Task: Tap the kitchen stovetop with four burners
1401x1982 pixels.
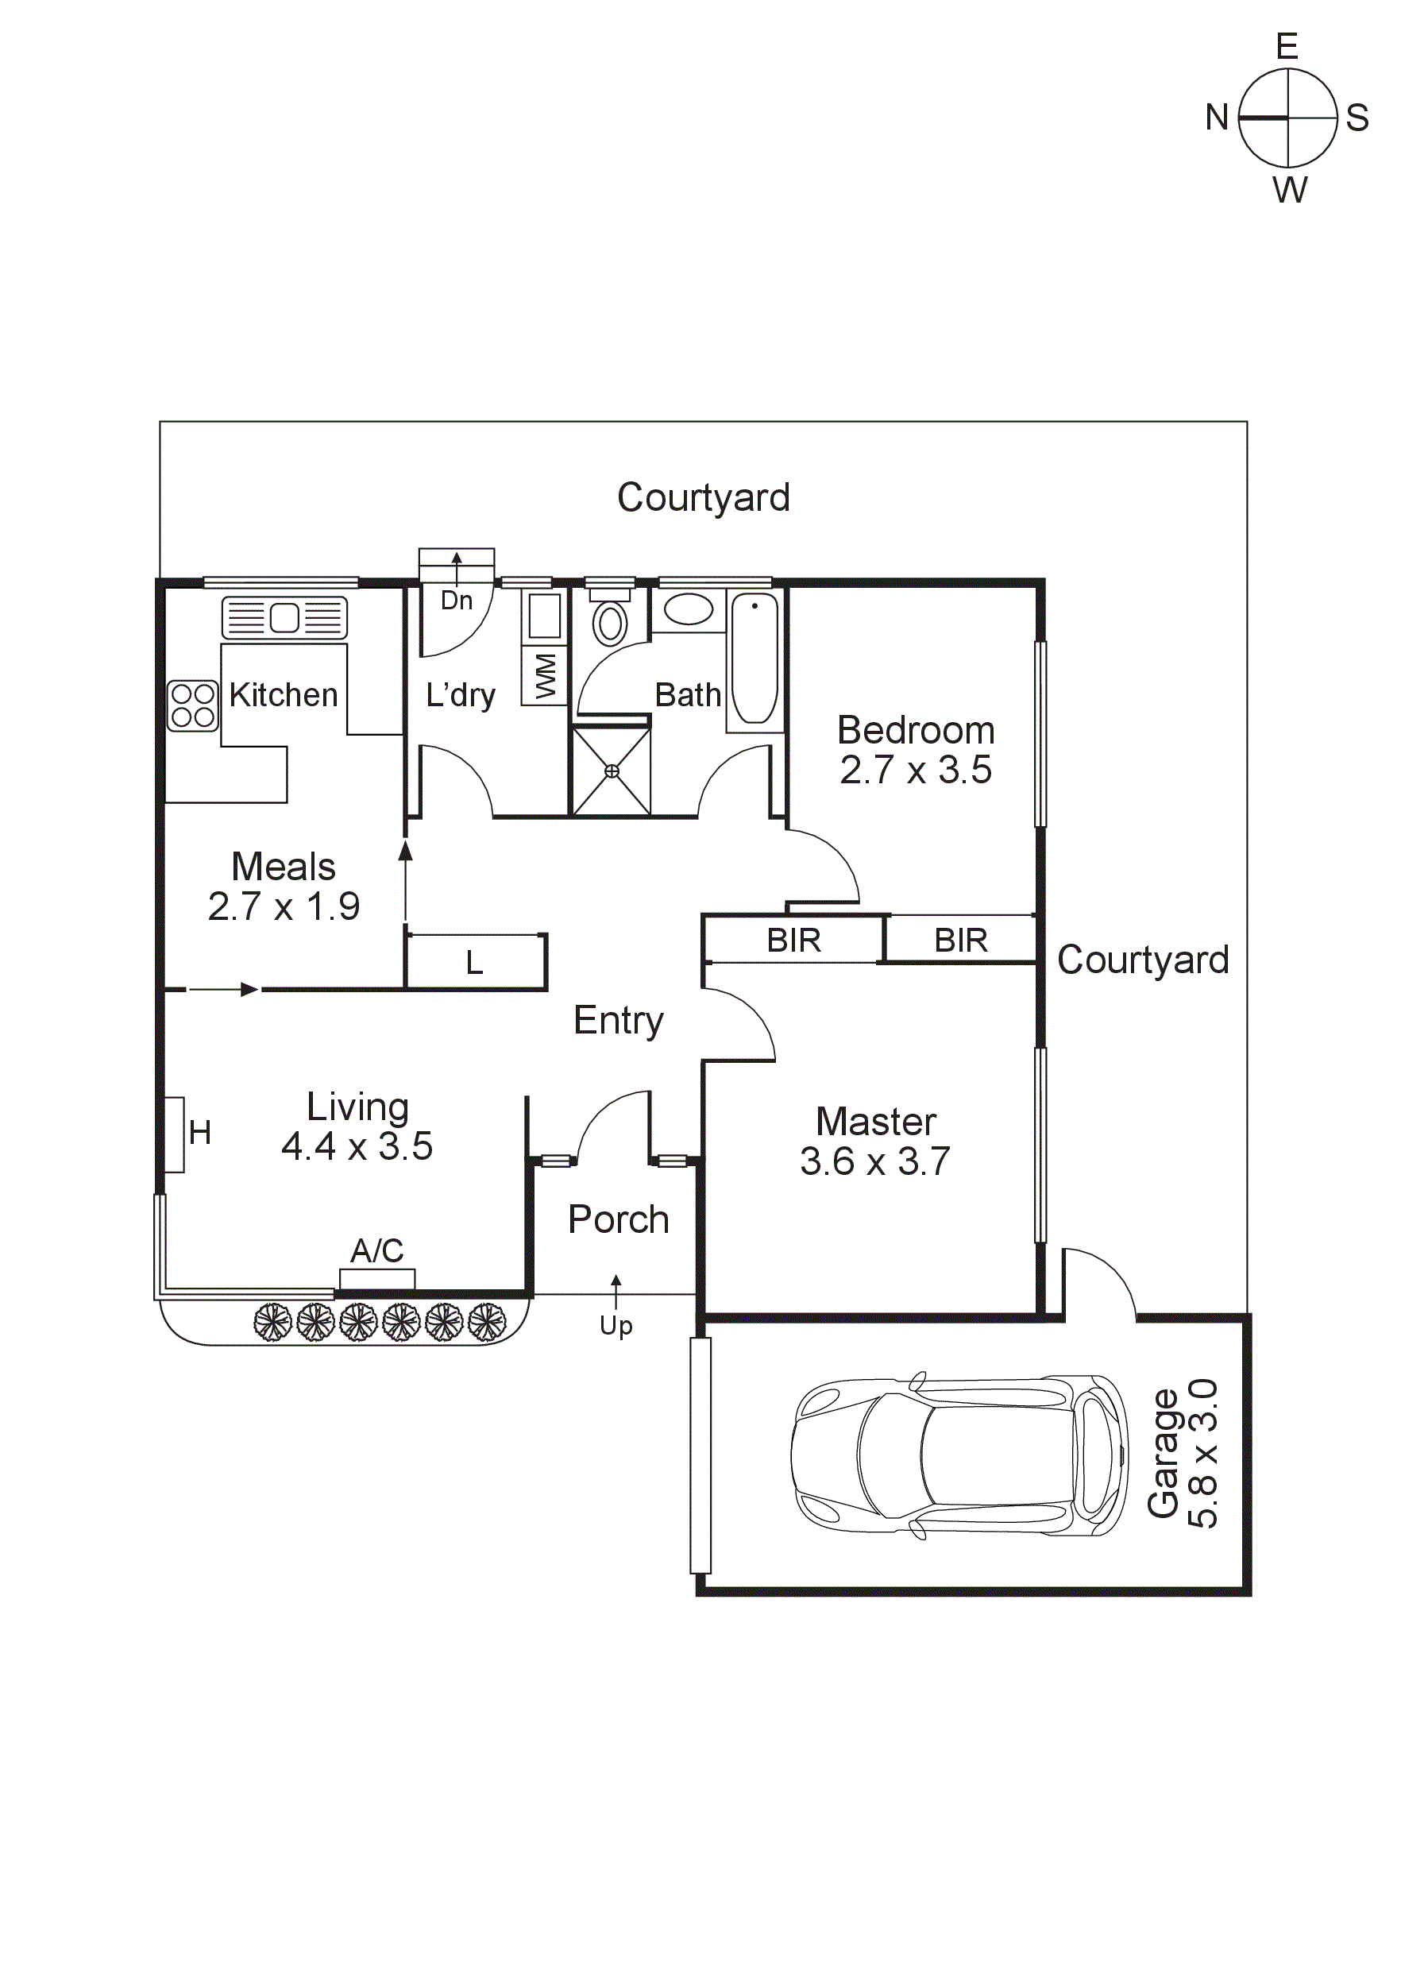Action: coord(192,705)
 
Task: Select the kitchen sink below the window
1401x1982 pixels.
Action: coord(285,618)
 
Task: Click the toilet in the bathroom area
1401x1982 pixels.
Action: coord(610,621)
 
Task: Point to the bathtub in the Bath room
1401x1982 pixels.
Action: coord(755,659)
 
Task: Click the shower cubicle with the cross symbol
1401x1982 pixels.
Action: coord(612,771)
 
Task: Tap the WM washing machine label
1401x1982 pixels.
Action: coord(546,675)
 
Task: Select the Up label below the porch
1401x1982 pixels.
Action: coord(616,1326)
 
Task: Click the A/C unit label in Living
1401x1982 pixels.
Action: coord(377,1250)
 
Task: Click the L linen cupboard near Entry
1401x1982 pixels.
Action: coord(474,963)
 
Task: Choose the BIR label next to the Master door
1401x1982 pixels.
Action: coord(793,940)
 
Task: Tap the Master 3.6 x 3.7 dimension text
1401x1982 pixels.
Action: coord(874,1162)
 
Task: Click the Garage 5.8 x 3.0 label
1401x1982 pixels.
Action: coord(1183,1453)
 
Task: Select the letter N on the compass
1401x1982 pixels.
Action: coord(1216,118)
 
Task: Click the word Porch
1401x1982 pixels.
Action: coord(618,1219)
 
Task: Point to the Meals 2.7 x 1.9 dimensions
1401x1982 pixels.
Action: coord(284,906)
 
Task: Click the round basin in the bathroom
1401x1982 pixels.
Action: coord(688,609)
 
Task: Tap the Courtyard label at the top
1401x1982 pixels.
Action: coord(703,497)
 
